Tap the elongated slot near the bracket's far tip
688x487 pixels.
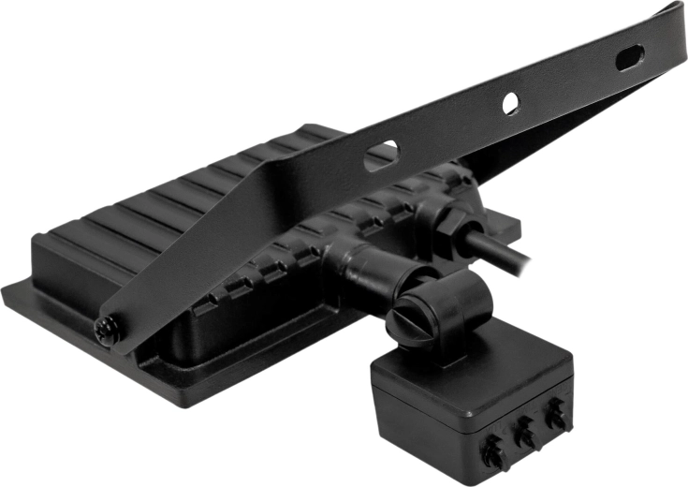(629, 57)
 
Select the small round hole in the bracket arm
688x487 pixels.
(510, 103)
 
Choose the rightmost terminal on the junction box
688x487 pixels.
(556, 412)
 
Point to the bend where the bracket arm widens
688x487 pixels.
(271, 183)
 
